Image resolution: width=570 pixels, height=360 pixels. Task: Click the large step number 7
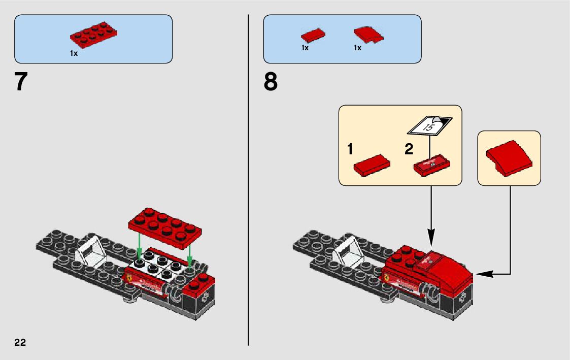coord(21,82)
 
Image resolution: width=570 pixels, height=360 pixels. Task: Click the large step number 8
coord(271,82)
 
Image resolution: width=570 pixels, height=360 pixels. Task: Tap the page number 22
coord(20,342)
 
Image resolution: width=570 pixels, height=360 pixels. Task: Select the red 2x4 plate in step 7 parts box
coord(94,35)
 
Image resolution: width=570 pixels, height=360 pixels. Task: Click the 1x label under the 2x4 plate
coord(74,53)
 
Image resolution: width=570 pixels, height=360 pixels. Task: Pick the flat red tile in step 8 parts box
coord(313,36)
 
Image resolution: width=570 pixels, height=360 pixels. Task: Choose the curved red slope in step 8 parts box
coord(368,34)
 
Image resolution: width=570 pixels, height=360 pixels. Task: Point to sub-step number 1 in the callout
coord(350,149)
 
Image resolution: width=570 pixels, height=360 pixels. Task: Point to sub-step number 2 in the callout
coord(409,149)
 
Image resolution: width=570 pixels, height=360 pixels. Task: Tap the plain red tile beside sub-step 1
coord(372,166)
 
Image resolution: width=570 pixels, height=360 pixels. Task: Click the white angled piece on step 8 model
coord(348,249)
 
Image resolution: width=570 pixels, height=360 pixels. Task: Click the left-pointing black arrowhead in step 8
coord(483,274)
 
